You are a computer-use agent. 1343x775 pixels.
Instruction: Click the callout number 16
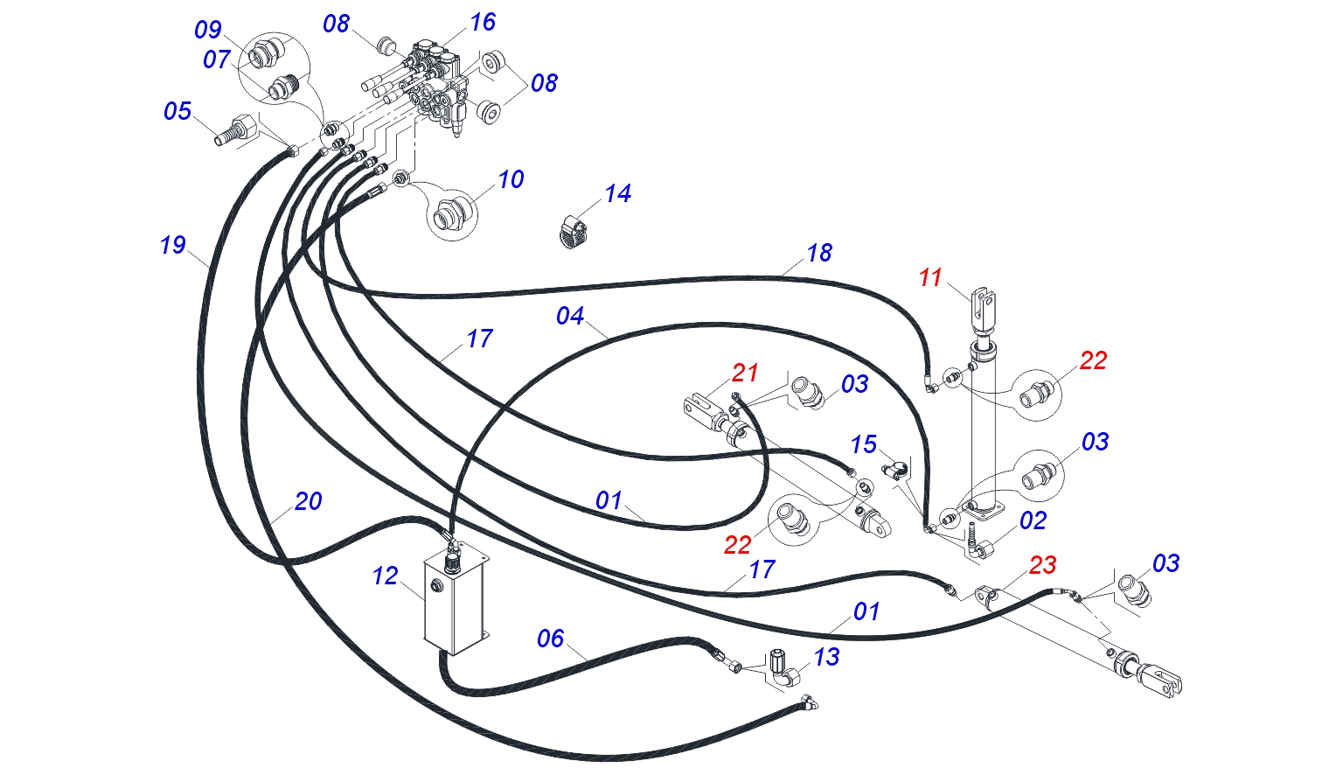tap(483, 22)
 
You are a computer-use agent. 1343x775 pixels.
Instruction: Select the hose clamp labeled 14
tap(574, 233)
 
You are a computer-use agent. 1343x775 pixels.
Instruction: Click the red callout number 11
tap(930, 278)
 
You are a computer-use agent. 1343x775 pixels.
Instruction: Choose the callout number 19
tap(172, 245)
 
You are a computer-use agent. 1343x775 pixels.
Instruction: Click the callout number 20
tap(308, 501)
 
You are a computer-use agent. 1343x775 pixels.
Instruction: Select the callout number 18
tap(819, 253)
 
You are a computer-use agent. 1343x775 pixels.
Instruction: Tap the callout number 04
tap(569, 316)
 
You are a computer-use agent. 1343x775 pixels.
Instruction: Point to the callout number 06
tap(550, 639)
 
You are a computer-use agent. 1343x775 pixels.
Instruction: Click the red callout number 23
tap(1042, 565)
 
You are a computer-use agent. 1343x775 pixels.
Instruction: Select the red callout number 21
tap(745, 374)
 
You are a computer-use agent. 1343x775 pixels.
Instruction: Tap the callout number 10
tap(511, 179)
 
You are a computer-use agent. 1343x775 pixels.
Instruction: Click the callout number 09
tap(208, 30)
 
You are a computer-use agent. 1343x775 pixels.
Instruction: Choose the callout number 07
tap(217, 59)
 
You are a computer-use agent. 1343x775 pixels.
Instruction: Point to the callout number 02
tap(1033, 520)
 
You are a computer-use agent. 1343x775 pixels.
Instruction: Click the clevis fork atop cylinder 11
tap(982, 308)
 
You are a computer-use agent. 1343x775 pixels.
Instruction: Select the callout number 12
tap(385, 576)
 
